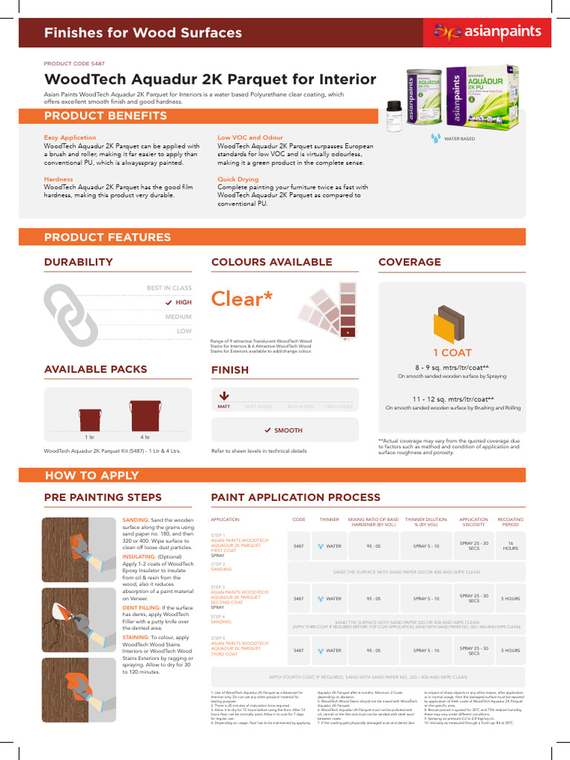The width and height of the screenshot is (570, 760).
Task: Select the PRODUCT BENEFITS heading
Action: pos(105,117)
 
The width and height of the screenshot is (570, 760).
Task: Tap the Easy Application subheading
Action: pos(70,137)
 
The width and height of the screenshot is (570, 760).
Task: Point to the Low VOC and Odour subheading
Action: pos(250,137)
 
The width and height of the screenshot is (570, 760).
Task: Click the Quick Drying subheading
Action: pos(237,179)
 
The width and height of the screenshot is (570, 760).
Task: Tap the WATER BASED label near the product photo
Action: pos(459,138)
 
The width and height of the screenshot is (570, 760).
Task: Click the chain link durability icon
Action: pos(70,313)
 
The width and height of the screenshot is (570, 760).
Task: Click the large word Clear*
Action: pos(242,299)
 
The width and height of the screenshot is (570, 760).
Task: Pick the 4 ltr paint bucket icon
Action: pos(145,416)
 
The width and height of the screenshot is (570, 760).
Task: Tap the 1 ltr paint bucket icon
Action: pos(90,420)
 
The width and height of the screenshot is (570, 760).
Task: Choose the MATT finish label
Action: pos(223,407)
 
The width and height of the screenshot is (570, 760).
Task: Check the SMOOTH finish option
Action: pos(284,430)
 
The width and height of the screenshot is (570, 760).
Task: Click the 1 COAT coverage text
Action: pos(452,353)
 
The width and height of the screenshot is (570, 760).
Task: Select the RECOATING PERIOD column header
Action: pos(510,522)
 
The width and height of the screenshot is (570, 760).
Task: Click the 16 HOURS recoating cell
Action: pos(510,546)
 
